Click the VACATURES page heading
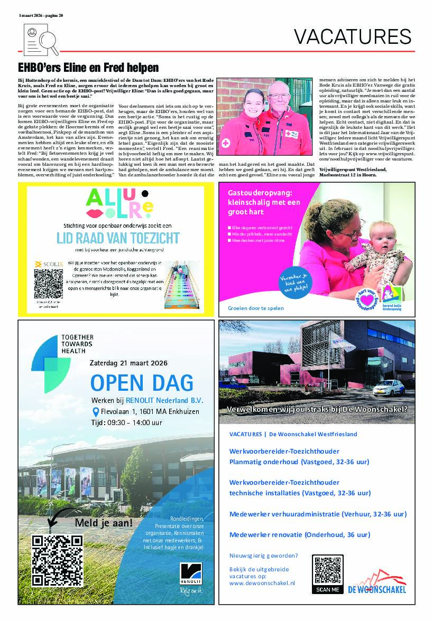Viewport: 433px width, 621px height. click(352, 36)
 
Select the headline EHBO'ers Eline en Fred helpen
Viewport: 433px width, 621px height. click(88, 68)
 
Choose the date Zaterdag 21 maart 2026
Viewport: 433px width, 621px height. click(129, 363)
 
